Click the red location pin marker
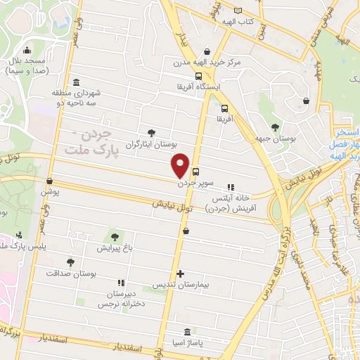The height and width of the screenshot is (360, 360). coord(181,165)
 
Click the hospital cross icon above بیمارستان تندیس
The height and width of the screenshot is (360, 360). coord(181,274)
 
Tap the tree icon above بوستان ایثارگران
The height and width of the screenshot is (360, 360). coord(152,133)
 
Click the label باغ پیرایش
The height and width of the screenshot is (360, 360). coord(115,248)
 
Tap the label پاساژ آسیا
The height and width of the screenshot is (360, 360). coord(186,344)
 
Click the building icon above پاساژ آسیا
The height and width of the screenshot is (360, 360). coord(186,332)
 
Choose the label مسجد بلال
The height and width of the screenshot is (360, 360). coord(27,62)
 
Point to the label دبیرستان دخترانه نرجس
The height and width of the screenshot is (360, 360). coord(115,299)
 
